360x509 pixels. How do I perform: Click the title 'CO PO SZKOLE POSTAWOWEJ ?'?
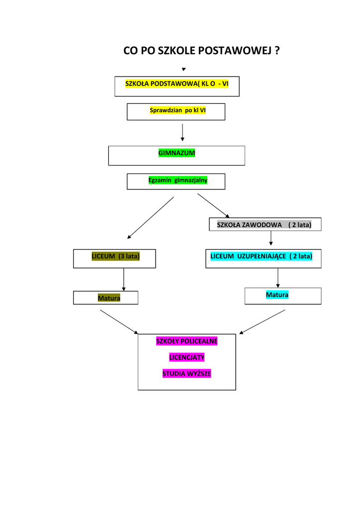pyautogui.click(x=201, y=51)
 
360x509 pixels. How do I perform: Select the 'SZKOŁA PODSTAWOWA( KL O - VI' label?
pyautogui.click(x=177, y=84)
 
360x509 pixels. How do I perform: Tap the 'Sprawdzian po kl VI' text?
pyautogui.click(x=178, y=110)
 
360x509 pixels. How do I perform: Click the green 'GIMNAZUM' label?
pyautogui.click(x=177, y=153)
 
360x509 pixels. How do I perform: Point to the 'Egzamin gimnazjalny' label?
pyautogui.click(x=178, y=180)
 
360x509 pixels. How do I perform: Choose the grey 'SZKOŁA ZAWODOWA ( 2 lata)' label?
pyautogui.click(x=264, y=225)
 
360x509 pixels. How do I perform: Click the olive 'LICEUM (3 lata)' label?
pyautogui.click(x=115, y=256)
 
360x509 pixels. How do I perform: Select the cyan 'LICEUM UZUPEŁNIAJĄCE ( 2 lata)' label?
pyautogui.click(x=262, y=256)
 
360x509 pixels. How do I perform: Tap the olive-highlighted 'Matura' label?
pyautogui.click(x=109, y=298)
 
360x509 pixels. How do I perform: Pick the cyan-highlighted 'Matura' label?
pyautogui.click(x=277, y=295)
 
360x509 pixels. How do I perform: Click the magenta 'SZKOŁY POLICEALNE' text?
pyautogui.click(x=187, y=341)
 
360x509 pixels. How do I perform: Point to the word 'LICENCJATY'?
pyautogui.click(x=187, y=357)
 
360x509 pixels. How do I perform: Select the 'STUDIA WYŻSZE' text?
pyautogui.click(x=187, y=373)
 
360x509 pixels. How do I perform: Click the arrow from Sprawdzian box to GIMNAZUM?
pyautogui.click(x=182, y=132)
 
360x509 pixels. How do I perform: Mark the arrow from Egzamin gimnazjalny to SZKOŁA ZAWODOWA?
pyautogui.click(x=213, y=205)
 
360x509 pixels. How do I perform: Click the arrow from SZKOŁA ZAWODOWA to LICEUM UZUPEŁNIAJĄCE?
pyautogui.click(x=270, y=239)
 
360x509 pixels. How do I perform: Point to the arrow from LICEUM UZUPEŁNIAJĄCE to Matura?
pyautogui.click(x=277, y=277)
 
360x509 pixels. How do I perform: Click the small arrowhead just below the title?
pyautogui.click(x=183, y=69)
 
